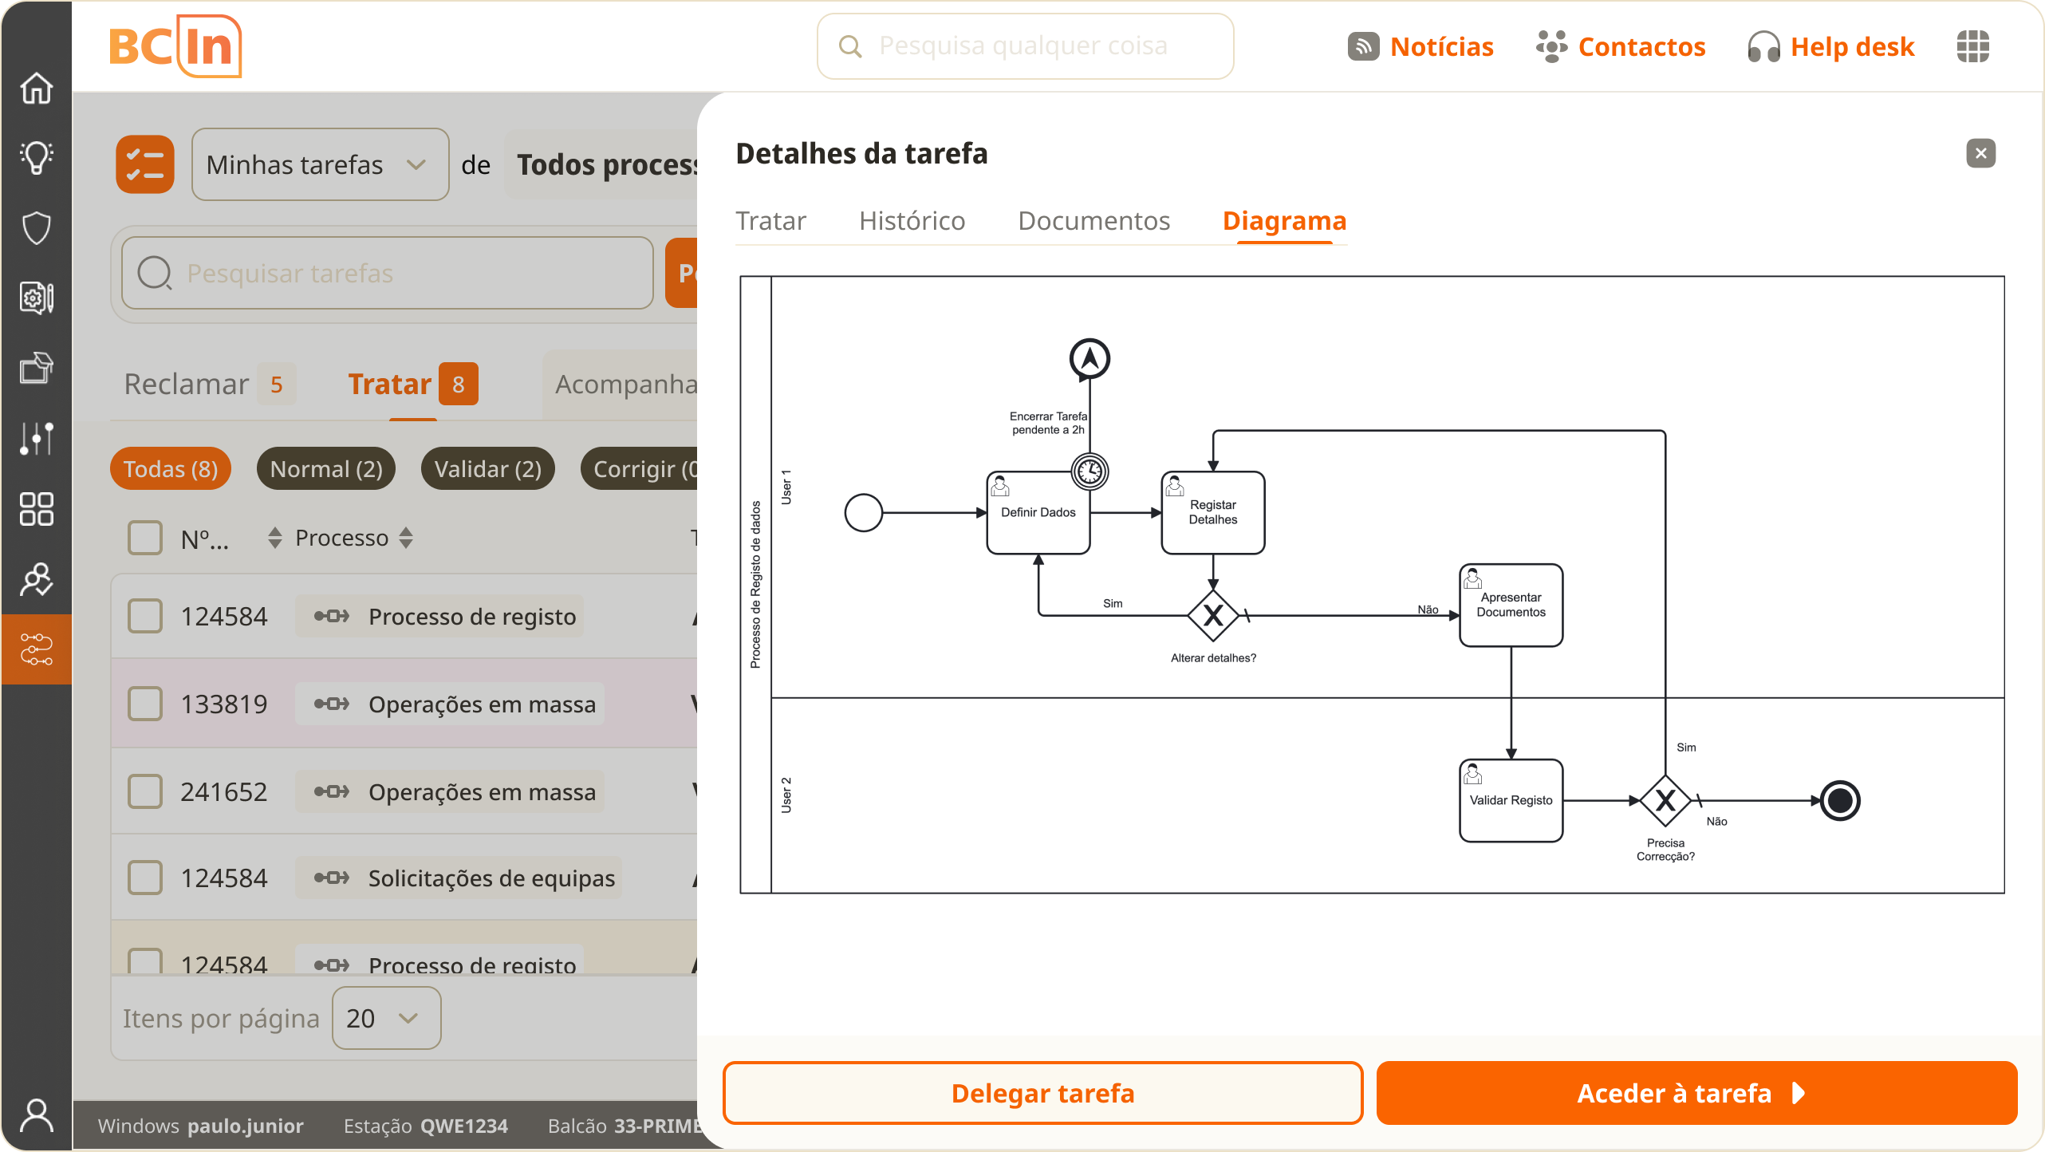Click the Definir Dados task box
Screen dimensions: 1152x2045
[x=1038, y=513]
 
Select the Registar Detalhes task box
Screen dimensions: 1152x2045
[x=1212, y=513]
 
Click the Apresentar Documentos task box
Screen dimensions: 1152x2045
[x=1511, y=606]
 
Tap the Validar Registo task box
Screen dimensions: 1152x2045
[x=1511, y=800]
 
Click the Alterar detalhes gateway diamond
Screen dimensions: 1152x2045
[x=1212, y=616]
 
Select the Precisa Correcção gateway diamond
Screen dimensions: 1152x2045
[x=1665, y=800]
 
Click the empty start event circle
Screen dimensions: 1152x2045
[x=863, y=513]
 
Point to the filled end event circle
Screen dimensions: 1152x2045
[x=1840, y=800]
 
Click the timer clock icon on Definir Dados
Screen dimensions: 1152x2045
[x=1089, y=471]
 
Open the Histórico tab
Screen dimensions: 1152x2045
[x=912, y=221]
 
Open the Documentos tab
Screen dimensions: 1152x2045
[x=1093, y=221]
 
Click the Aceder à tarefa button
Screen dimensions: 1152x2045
[x=1696, y=1093]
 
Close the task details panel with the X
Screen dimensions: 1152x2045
[x=1980, y=153]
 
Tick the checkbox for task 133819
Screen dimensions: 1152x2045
[x=145, y=704]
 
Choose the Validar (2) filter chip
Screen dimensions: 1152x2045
[x=487, y=469]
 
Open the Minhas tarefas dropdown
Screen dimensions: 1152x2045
[x=320, y=164]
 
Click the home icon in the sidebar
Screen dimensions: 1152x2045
[x=37, y=88]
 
